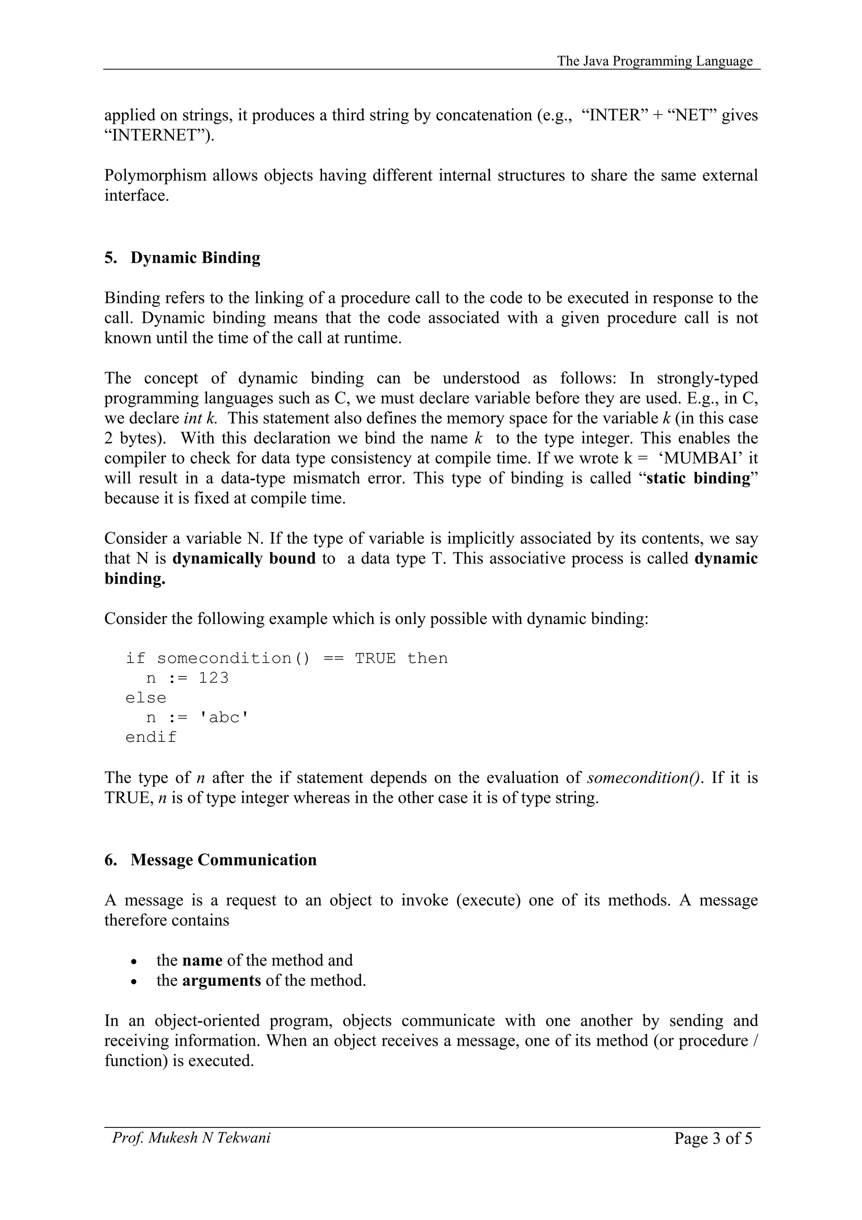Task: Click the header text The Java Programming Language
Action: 654,61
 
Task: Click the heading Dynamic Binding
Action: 195,258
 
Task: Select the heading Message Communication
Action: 223,860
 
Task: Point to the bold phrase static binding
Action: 698,478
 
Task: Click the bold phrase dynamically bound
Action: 244,559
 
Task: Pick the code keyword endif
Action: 151,738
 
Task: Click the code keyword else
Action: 146,698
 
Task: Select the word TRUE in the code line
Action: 375,658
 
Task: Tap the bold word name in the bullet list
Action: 202,961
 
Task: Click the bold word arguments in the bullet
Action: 221,980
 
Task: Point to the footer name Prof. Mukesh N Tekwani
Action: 191,1137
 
